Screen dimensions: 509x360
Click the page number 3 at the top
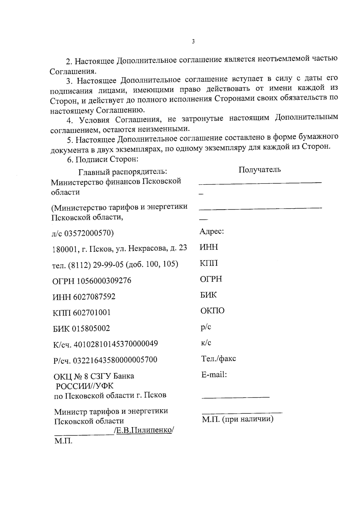click(193, 42)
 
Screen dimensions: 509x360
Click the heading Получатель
click(259, 170)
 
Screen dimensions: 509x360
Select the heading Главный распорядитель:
click(123, 172)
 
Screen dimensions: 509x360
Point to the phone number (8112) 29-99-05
click(96, 265)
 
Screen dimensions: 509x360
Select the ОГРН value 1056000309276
click(104, 281)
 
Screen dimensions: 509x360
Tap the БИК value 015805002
click(91, 328)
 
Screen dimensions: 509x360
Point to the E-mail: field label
click(214, 375)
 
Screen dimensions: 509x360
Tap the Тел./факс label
click(218, 358)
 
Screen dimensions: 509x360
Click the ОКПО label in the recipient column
click(212, 311)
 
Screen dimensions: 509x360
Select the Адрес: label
click(211, 232)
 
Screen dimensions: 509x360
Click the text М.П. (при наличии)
click(238, 419)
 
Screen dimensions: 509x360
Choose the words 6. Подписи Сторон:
click(102, 159)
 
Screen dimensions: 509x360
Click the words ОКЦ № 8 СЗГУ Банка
click(94, 376)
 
